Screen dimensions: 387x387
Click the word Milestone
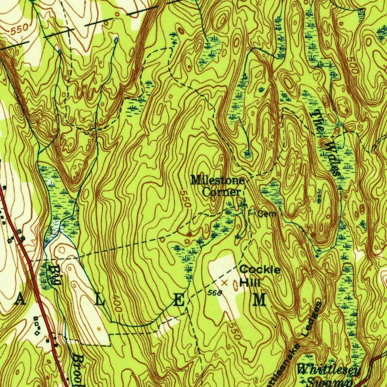(217, 180)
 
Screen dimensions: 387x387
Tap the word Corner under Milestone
(221, 192)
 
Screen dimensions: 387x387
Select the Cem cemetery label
(264, 214)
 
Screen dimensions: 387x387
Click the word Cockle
(260, 270)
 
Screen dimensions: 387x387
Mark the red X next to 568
(225, 282)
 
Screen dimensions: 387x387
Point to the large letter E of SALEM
(179, 301)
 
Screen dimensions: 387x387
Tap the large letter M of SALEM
(259, 300)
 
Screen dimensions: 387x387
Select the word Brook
(79, 368)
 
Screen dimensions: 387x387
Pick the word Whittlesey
(329, 369)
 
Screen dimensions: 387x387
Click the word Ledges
(312, 320)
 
